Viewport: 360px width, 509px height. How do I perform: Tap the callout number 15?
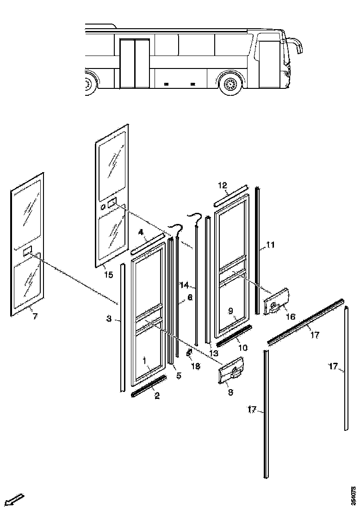[x=108, y=275]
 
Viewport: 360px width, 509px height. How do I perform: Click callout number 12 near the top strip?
[x=222, y=185]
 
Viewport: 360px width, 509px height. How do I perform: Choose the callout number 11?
[x=271, y=245]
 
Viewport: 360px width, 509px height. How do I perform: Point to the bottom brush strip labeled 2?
[x=149, y=386]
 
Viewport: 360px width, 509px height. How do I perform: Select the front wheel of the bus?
[x=230, y=85]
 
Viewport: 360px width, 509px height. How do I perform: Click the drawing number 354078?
[x=354, y=495]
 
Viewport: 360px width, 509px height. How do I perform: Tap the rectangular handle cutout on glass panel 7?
[x=27, y=251]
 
